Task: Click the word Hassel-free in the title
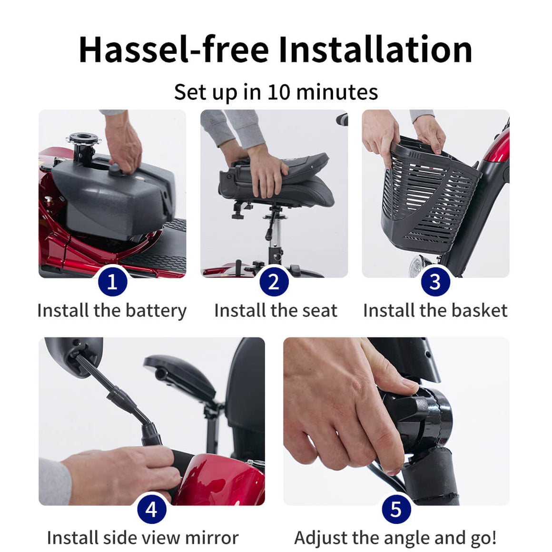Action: [x=174, y=49]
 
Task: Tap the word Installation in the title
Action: [x=375, y=49]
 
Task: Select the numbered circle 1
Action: [x=113, y=282]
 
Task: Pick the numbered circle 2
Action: [x=274, y=282]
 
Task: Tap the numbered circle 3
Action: [x=435, y=282]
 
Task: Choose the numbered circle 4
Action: [x=152, y=509]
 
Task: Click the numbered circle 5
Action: [x=396, y=509]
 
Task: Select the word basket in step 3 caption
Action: [x=479, y=310]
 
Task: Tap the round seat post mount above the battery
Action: [x=83, y=138]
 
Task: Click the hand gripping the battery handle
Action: [x=125, y=148]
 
